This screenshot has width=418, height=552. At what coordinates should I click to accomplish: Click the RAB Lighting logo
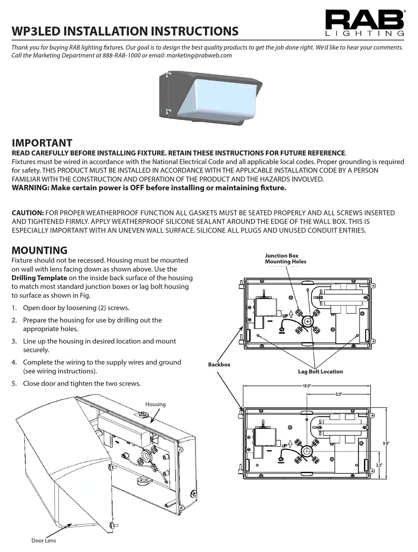(x=365, y=23)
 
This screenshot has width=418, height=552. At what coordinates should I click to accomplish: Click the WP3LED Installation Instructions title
(x=125, y=31)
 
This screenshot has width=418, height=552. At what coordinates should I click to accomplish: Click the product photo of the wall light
(x=210, y=96)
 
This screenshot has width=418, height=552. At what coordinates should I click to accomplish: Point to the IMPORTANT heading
(x=42, y=143)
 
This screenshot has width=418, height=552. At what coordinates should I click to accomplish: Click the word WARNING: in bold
(x=30, y=188)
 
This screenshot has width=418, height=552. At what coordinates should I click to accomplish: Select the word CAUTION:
(x=27, y=213)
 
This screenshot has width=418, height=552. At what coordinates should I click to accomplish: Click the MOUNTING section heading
(x=39, y=251)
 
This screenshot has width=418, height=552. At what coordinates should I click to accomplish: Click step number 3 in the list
(x=14, y=341)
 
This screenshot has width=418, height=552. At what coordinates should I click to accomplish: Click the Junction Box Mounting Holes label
(x=285, y=259)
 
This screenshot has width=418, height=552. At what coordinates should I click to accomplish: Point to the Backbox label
(x=219, y=365)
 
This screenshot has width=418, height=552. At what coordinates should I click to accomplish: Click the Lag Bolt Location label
(x=320, y=372)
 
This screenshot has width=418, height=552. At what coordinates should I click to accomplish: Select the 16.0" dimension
(x=306, y=386)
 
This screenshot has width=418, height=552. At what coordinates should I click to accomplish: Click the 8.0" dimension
(x=338, y=395)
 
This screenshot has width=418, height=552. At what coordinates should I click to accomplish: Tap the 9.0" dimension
(x=386, y=444)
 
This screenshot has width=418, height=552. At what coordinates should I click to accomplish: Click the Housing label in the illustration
(x=155, y=404)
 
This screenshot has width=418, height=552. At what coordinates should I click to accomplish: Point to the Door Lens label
(x=44, y=541)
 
